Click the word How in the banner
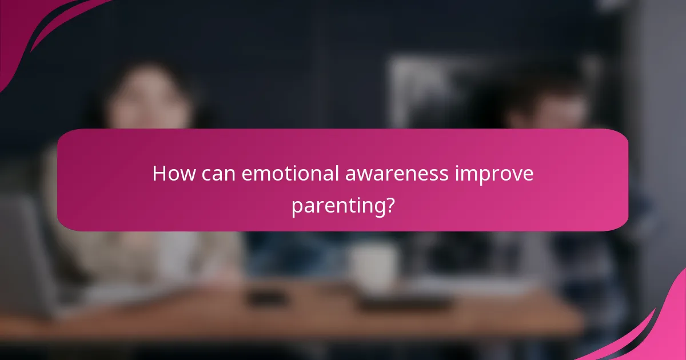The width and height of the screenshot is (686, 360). (x=173, y=174)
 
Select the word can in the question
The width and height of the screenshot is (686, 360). (x=218, y=174)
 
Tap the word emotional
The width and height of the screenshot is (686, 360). (x=290, y=174)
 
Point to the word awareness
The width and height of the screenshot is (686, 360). (x=397, y=174)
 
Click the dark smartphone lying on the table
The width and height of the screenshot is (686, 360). (x=266, y=298)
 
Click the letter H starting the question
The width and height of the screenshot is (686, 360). (x=159, y=174)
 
